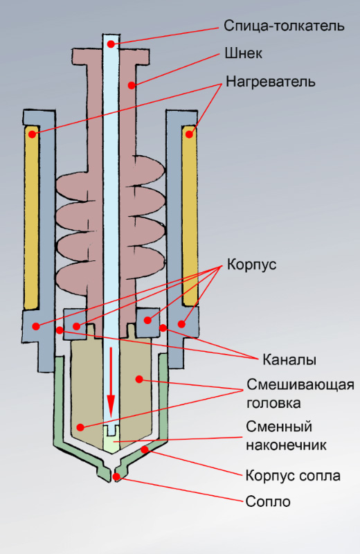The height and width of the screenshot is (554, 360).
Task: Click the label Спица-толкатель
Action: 284,26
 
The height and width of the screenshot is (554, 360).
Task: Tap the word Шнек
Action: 244,54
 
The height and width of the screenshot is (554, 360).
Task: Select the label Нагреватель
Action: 270,82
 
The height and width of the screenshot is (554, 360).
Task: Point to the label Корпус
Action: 251,265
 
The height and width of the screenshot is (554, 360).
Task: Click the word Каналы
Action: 289,360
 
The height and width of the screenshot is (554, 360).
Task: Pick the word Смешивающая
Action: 300,385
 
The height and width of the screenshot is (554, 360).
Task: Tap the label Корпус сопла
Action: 293,476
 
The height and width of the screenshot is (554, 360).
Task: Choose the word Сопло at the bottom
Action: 268,501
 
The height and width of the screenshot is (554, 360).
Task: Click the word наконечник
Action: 286,445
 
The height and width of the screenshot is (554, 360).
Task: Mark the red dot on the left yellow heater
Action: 32,134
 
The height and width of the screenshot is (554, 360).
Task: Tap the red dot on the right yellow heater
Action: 190,134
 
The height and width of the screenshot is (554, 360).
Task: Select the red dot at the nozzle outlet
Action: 116,477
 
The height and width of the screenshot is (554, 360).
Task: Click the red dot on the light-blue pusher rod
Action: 111,44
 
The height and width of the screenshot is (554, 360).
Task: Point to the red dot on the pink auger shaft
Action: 132,85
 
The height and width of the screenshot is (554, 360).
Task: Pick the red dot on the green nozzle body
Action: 145,449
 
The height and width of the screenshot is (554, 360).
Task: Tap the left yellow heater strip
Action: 31,216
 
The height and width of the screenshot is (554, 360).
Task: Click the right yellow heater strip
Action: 190,215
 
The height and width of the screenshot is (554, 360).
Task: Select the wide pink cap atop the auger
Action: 111,56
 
